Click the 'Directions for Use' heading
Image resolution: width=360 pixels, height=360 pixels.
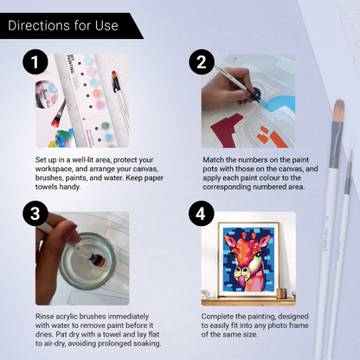coord(62,25)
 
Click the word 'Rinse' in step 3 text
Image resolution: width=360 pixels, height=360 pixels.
coord(46,316)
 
